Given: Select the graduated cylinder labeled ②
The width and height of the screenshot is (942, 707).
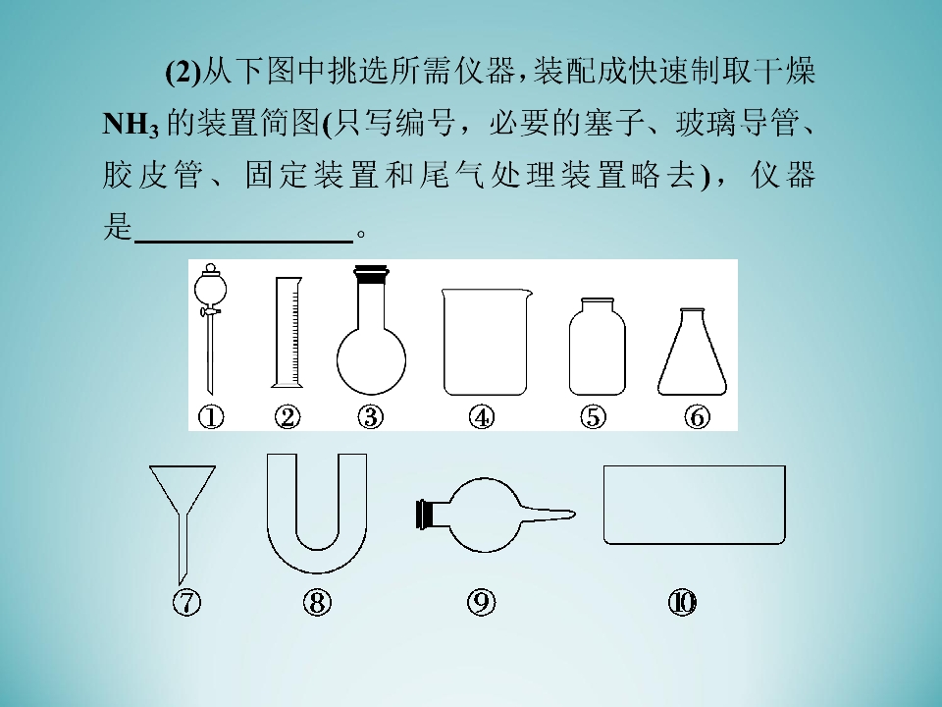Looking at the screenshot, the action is pos(288,332).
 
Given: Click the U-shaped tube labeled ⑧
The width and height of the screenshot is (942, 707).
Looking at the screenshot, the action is pos(317,559).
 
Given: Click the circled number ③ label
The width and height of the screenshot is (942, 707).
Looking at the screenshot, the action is pos(370,417).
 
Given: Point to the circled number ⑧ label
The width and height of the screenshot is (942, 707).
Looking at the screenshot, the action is pos(317,602).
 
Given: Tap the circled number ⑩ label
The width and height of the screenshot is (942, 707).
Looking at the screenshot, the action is pos(683,602).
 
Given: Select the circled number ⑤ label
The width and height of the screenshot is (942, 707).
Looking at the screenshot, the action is pos(593,417).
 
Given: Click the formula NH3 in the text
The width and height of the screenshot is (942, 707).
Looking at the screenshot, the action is pos(131,125).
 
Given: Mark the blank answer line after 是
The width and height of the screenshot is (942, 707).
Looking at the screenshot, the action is pos(244,242).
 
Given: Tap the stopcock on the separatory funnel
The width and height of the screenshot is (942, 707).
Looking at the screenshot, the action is pos(210,311).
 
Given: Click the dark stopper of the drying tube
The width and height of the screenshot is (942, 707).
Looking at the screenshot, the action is pos(425,515).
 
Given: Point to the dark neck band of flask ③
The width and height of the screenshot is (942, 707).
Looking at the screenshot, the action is pos(371,275).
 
